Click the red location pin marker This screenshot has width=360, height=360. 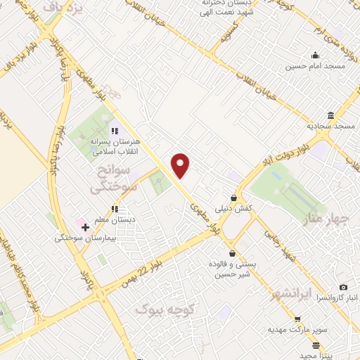point(181,165)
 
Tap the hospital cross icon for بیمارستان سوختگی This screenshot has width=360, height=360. point(85,227)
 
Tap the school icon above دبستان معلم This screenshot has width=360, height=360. point(115,209)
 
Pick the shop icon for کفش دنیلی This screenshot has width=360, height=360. point(234,198)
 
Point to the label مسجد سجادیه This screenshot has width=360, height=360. point(330,126)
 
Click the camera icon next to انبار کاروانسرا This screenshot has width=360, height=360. point(343,288)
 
